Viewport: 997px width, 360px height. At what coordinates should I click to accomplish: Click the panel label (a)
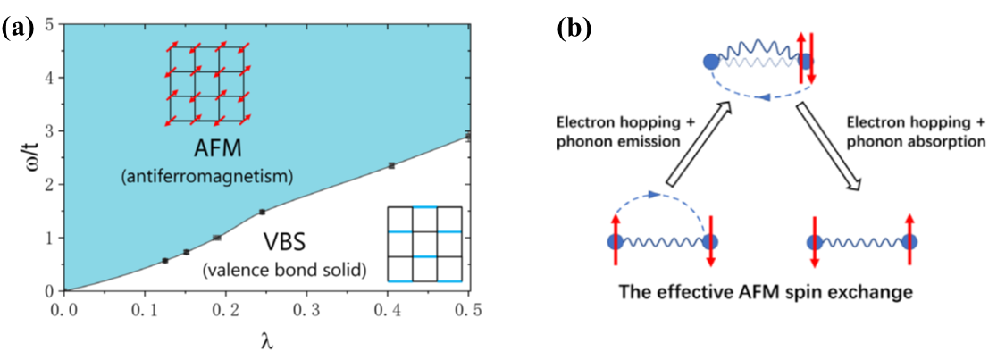[x=19, y=28]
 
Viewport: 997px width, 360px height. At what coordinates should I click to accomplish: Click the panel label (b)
[x=573, y=28]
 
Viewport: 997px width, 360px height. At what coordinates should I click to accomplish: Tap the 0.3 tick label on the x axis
[x=306, y=309]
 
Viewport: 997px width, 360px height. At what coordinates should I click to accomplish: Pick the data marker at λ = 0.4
[x=390, y=165]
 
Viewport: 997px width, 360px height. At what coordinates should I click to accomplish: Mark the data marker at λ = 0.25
[x=262, y=212]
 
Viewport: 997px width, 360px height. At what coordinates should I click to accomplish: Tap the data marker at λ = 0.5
[x=468, y=136]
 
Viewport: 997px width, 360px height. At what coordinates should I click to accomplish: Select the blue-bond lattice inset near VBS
[x=425, y=244]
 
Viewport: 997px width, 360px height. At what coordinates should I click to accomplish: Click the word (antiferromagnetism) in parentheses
[x=206, y=177]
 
